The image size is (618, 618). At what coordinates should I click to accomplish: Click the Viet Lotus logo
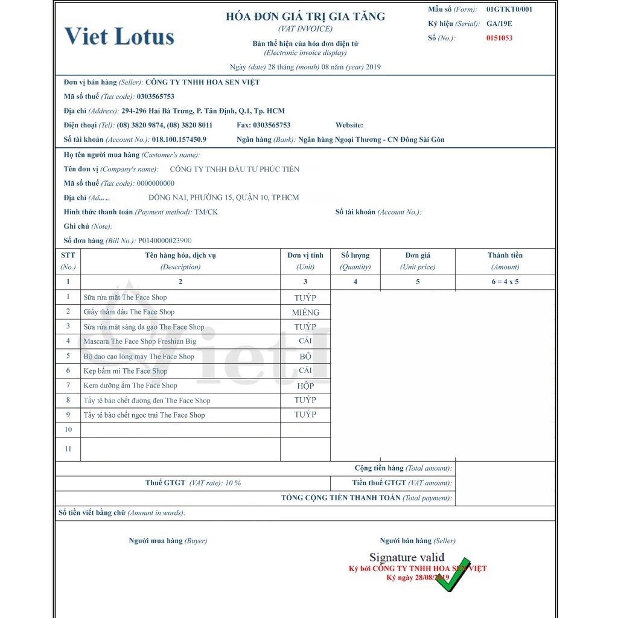(119, 36)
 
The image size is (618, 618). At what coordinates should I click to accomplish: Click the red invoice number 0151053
(500, 38)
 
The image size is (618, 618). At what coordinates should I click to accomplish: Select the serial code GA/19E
(499, 24)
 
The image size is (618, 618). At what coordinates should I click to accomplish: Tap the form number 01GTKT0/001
(509, 9)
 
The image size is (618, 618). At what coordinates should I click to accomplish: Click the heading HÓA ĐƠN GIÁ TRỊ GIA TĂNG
(305, 16)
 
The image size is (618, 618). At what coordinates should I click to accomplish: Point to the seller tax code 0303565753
(156, 97)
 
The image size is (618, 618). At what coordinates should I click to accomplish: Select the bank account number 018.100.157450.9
(179, 139)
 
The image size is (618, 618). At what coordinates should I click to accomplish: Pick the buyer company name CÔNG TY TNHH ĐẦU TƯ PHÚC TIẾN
(235, 169)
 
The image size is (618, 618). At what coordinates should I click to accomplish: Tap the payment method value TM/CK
(206, 212)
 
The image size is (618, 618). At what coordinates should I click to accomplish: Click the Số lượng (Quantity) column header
(355, 261)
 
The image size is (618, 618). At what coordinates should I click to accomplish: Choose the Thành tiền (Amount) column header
(505, 261)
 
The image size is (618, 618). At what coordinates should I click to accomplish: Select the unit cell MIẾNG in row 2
(305, 312)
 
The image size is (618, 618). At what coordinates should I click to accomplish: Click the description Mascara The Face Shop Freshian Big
(140, 342)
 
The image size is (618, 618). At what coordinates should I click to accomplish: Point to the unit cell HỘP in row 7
(305, 386)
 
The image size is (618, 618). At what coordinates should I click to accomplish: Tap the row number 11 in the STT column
(68, 449)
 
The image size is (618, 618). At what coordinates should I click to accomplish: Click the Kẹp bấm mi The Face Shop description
(126, 371)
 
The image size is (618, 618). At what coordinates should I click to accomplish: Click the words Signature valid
(407, 557)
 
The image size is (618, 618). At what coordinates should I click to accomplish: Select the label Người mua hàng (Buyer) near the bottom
(168, 541)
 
